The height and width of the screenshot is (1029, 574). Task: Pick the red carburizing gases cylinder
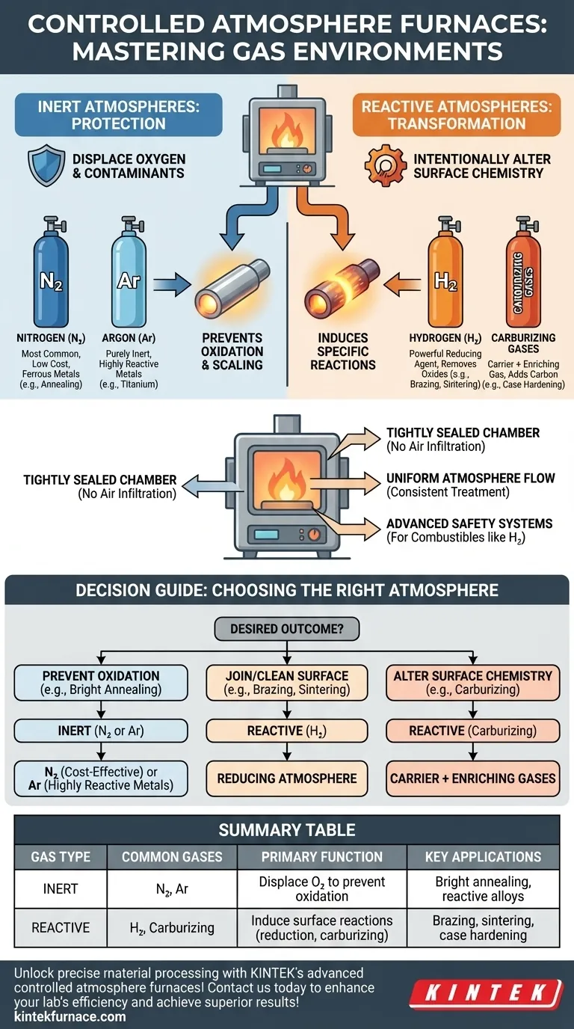point(524,280)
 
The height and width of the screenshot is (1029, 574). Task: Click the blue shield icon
point(44,165)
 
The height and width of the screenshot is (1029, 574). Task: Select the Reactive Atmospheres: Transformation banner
point(456,114)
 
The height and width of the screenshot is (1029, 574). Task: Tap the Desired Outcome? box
point(287,629)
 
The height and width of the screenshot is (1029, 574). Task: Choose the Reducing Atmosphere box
point(287,778)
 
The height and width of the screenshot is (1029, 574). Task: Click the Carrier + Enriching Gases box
point(472,778)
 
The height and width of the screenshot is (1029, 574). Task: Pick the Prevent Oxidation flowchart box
point(100,682)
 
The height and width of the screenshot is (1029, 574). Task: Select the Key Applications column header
point(483,856)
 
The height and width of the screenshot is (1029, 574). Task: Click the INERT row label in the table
point(61,888)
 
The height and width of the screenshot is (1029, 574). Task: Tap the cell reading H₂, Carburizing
point(172,928)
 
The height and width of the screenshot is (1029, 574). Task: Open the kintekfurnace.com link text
point(70,1016)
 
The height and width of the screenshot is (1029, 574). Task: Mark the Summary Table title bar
point(287,829)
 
